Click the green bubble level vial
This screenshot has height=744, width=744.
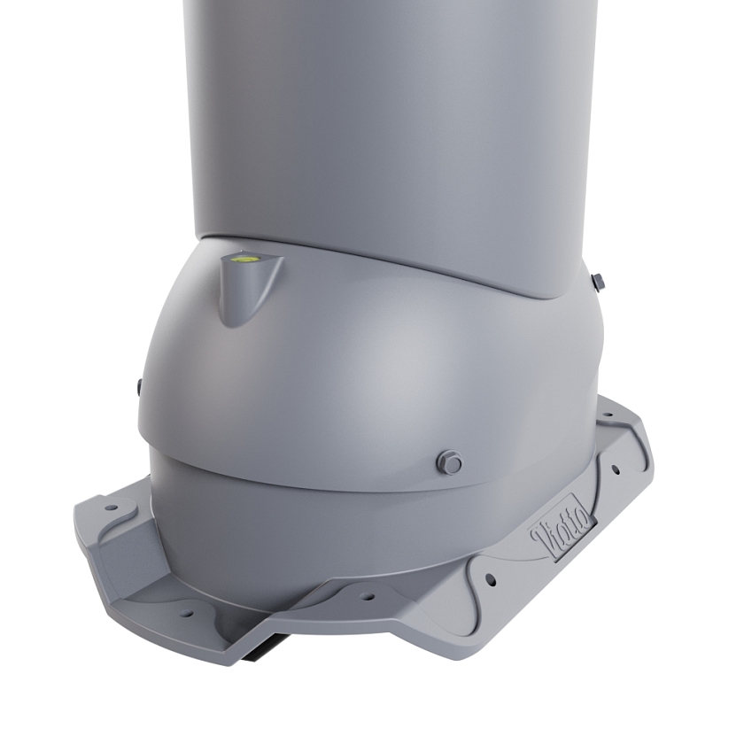click(242, 259)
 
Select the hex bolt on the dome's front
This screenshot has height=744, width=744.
click(451, 461)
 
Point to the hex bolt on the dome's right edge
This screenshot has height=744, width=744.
click(599, 282)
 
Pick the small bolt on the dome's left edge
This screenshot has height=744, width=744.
click(138, 386)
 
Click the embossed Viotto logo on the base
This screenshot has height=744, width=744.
click(562, 527)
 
